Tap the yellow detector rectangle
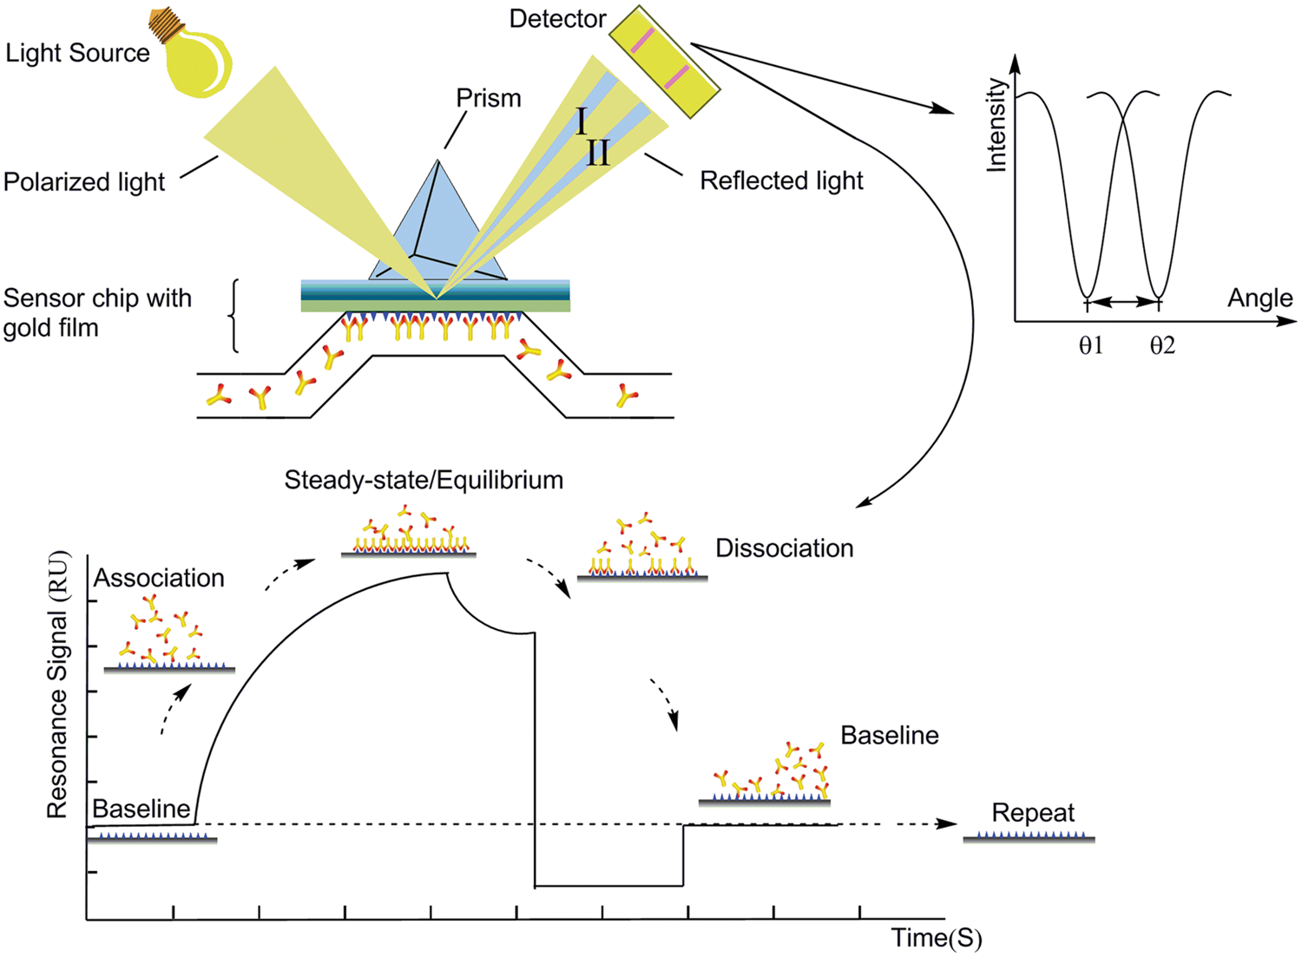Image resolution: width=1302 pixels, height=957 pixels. coord(664,61)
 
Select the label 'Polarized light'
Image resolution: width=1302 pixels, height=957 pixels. coord(84,182)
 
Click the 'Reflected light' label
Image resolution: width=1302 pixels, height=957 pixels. coord(781,180)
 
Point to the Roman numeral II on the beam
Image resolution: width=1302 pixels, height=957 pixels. coord(598,154)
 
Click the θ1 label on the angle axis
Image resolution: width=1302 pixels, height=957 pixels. coord(1091,345)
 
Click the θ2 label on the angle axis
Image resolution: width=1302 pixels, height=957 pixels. coord(1162,345)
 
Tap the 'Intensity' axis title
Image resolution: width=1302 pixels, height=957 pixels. coord(997,125)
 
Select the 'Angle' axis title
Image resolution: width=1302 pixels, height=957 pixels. coord(1259,298)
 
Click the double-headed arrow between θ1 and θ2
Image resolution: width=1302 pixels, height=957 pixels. coord(1123,301)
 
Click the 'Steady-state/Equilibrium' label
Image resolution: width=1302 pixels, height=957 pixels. coord(424,480)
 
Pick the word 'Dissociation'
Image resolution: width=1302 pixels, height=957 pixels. coord(784,548)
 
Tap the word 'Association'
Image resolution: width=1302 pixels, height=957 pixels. coord(159,578)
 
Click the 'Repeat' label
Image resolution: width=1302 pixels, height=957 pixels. coord(1033,813)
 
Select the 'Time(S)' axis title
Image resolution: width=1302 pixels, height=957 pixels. coord(937,938)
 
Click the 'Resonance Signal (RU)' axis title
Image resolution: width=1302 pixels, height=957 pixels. coord(57,685)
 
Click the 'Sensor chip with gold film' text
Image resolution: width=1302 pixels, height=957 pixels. coord(96,312)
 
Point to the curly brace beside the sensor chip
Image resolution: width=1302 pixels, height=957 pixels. coord(233,316)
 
